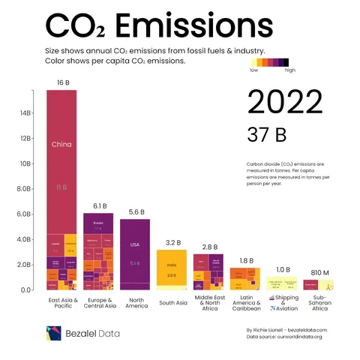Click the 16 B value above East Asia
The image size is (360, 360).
[61, 81]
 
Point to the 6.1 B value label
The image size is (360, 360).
[99, 205]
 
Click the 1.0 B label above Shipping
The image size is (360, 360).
[283, 269]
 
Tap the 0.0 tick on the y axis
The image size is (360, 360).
[25, 289]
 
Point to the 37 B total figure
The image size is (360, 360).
[266, 135]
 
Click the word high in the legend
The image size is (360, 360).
[291, 72]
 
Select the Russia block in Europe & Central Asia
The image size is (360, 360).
[98, 223]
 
